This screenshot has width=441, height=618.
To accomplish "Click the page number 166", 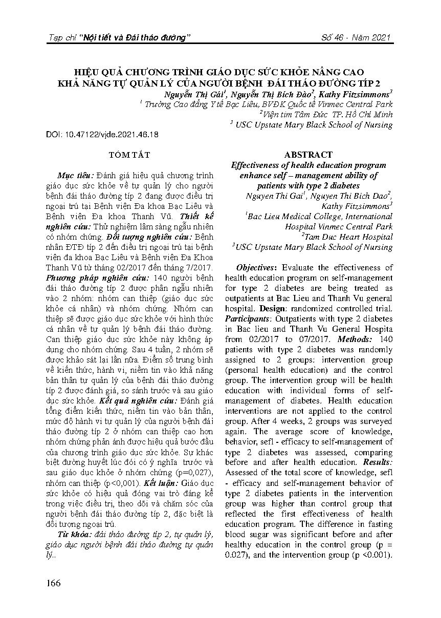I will (53, 583).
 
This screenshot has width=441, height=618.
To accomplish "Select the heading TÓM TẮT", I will (129, 155).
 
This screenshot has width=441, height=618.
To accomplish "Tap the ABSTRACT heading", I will (308, 155).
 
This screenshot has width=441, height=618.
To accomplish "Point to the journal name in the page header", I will (119, 38).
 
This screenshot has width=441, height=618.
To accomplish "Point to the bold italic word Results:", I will (378, 462).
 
